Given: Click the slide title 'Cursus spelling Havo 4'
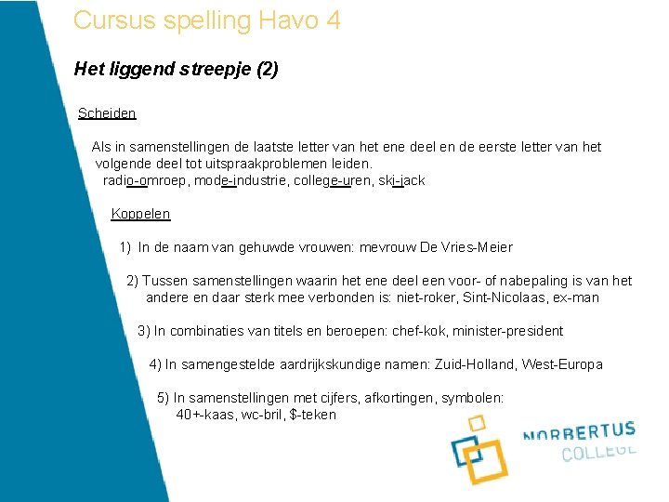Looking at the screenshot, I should click(x=206, y=20).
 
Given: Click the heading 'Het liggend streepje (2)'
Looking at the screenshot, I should click(x=176, y=69).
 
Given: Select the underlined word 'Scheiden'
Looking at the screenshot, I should click(x=107, y=113).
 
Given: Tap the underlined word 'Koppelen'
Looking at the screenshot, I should click(x=140, y=214).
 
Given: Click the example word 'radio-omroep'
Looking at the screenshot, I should click(x=143, y=180).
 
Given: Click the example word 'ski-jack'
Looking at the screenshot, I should click(x=402, y=180).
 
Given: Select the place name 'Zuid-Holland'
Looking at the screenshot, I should click(x=474, y=364).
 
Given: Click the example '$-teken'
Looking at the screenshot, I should click(x=313, y=415).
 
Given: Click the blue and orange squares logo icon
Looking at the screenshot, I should click(x=479, y=450).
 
